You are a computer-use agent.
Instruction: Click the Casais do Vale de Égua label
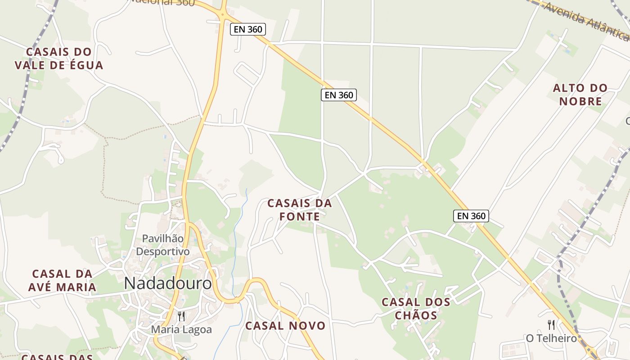(x=59, y=58)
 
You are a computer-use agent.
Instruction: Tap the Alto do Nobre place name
(x=580, y=94)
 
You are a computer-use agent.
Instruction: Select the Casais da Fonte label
(x=300, y=210)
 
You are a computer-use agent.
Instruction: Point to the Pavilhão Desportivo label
(x=163, y=245)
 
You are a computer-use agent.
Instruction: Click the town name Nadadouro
(x=167, y=283)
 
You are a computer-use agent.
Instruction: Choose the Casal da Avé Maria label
(x=62, y=280)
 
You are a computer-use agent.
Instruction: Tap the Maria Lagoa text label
(x=181, y=329)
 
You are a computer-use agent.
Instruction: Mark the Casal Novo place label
(x=285, y=326)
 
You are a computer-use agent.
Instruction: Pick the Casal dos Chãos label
(x=416, y=308)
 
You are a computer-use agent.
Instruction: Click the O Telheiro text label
(x=551, y=338)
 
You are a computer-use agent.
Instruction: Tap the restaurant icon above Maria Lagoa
(x=181, y=316)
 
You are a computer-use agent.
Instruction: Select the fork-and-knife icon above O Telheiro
(x=551, y=324)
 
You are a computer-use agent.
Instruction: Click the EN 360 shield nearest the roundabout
(x=248, y=30)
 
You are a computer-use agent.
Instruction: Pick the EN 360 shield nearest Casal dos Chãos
(x=471, y=216)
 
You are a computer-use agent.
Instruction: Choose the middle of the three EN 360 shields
(x=338, y=95)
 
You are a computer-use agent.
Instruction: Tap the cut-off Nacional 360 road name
(x=162, y=3)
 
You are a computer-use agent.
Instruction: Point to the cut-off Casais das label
(x=57, y=357)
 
